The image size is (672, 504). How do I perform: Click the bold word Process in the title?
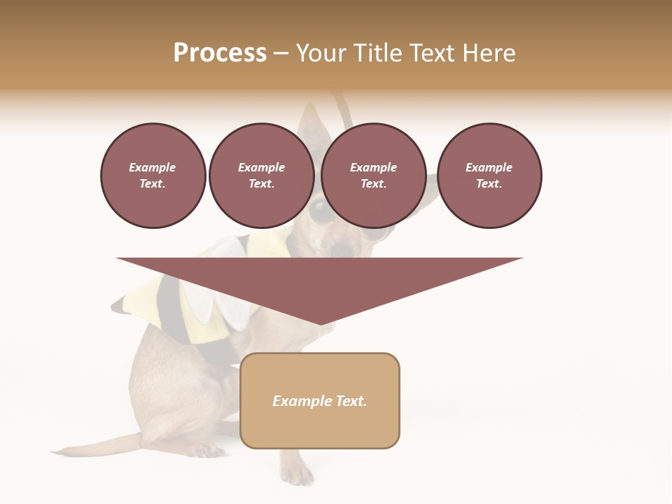click(x=220, y=53)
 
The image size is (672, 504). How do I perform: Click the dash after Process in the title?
click(x=281, y=54)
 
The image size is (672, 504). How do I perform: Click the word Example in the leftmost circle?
click(x=153, y=167)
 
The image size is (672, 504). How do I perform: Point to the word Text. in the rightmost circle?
click(x=489, y=183)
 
